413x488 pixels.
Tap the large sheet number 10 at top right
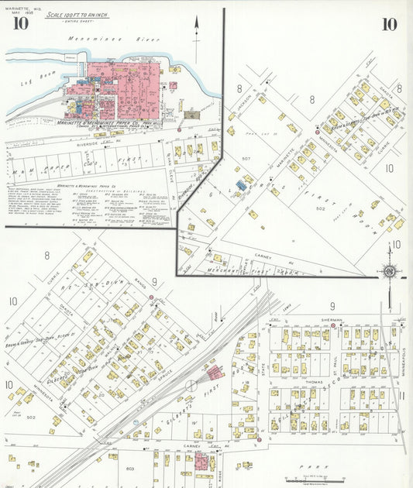(389, 24)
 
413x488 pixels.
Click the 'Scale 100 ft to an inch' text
(77, 15)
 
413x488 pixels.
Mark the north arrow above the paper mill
(196, 31)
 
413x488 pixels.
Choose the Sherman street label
(330, 318)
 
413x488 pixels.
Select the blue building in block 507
(241, 185)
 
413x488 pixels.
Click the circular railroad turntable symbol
(191, 385)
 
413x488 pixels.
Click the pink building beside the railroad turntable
(214, 373)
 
